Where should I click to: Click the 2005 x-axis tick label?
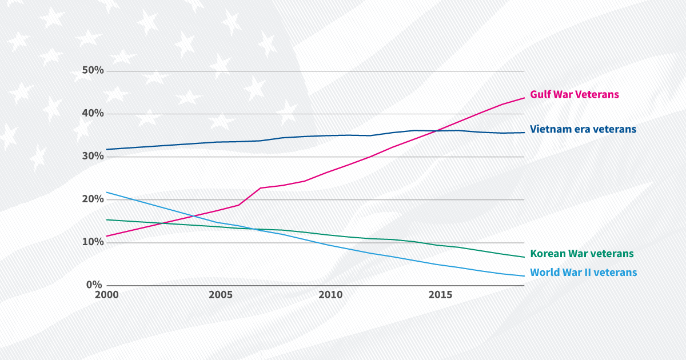click(221, 295)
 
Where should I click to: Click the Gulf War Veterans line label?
click(575, 94)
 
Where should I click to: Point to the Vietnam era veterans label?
click(583, 129)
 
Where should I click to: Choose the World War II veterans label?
click(583, 273)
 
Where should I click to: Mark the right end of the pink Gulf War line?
click(524, 98)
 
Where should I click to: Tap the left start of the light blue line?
click(107, 192)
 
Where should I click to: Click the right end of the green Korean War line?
click(524, 257)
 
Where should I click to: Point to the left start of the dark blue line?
click(107, 149)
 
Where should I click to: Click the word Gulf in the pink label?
click(541, 94)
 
